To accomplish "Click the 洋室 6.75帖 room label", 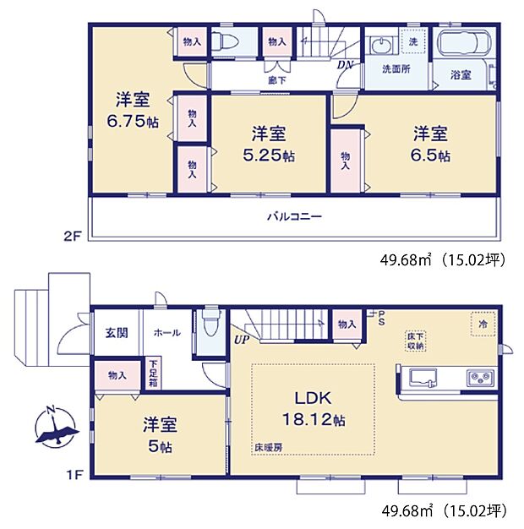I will click(x=132, y=110).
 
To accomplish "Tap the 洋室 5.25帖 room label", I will click(x=269, y=145).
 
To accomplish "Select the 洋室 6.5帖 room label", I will click(x=431, y=145).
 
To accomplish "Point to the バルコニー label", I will click(x=293, y=216).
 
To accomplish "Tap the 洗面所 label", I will click(x=395, y=69).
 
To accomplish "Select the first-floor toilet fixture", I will click(x=210, y=324).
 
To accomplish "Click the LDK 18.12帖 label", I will click(x=312, y=408).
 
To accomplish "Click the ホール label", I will click(x=166, y=333).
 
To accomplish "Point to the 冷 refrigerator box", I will click(x=478, y=324).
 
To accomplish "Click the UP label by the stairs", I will click(x=243, y=341).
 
